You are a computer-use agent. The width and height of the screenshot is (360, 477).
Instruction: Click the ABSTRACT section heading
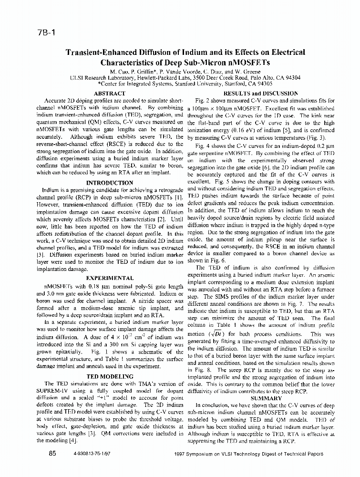pyautogui.click(x=110, y=93)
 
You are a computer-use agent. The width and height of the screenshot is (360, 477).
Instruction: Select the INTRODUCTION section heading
pyautogui.click(x=109, y=183)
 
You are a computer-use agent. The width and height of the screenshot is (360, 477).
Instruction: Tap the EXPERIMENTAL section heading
pyautogui.click(x=109, y=278)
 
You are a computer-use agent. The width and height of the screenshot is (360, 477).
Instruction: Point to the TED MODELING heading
pyautogui.click(x=109, y=376)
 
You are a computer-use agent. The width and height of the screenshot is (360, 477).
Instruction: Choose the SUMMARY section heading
pyautogui.click(x=266, y=398)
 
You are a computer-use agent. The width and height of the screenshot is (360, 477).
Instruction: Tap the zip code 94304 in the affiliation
pyautogui.click(x=290, y=77)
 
